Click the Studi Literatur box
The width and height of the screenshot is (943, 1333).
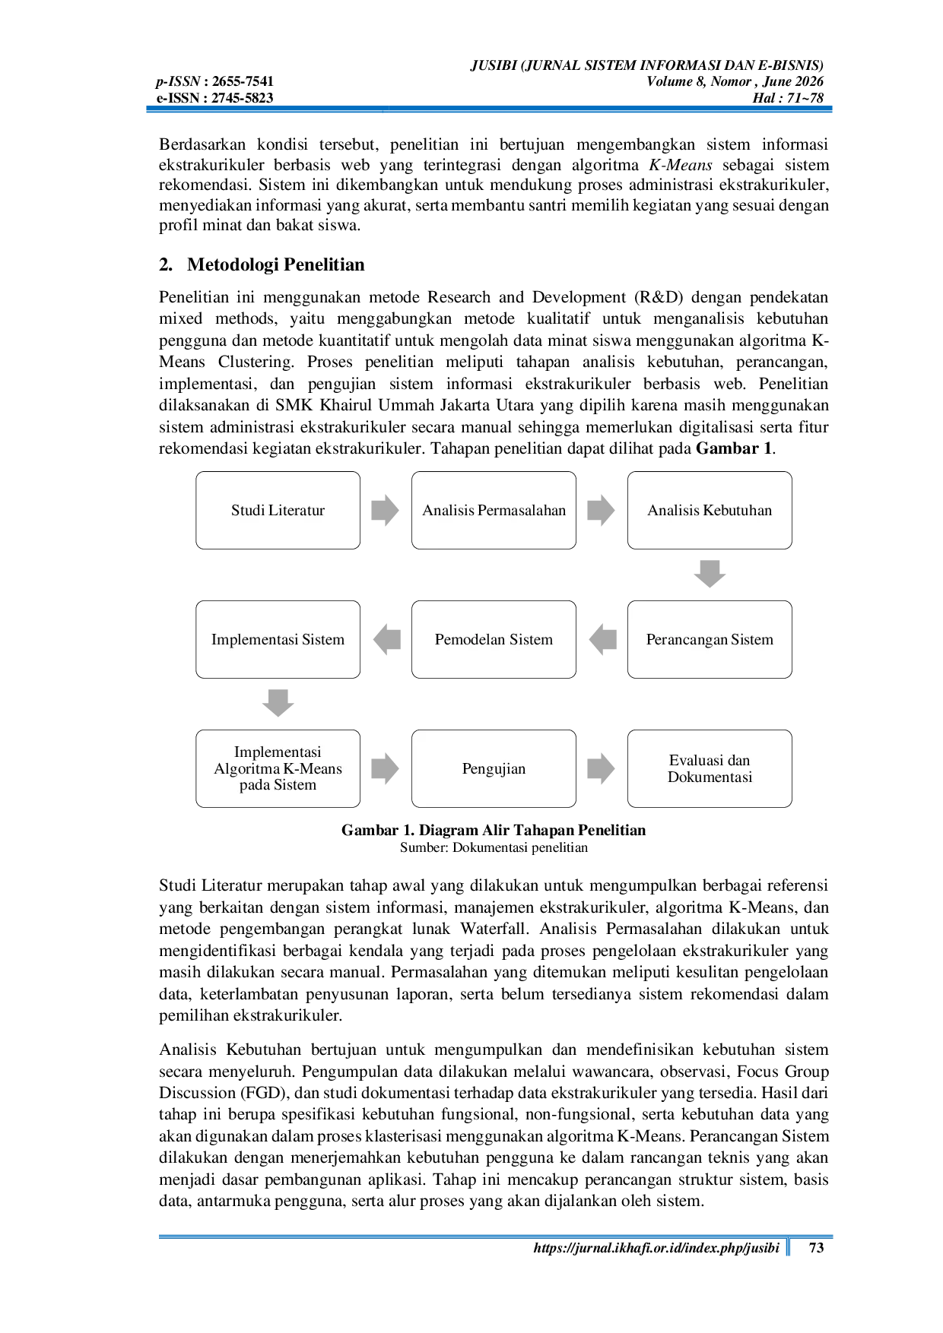pyautogui.click(x=278, y=510)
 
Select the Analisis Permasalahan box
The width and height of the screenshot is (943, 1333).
pyautogui.click(x=494, y=510)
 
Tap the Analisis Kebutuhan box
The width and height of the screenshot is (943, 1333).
pyautogui.click(x=710, y=510)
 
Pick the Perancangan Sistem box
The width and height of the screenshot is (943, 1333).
pyautogui.click(x=710, y=639)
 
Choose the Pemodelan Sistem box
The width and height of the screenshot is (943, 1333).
pyautogui.click(x=494, y=639)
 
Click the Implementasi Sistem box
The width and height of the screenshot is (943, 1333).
pyautogui.click(x=278, y=639)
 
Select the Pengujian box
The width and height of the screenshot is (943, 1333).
pyautogui.click(x=494, y=768)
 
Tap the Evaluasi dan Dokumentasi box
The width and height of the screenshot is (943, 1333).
pyautogui.click(x=710, y=768)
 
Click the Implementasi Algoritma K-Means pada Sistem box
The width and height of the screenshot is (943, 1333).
pyautogui.click(x=278, y=768)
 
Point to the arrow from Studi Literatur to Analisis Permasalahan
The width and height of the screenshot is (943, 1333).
pyautogui.click(x=386, y=510)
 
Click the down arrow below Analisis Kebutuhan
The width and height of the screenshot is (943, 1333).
pyautogui.click(x=710, y=574)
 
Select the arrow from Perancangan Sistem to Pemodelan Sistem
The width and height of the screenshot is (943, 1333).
pyautogui.click(x=602, y=639)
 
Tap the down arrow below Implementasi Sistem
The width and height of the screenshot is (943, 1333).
pyautogui.click(x=278, y=703)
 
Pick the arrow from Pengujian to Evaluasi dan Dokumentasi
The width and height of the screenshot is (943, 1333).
pyautogui.click(x=602, y=768)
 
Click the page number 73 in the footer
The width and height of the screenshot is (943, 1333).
pyautogui.click(x=816, y=1247)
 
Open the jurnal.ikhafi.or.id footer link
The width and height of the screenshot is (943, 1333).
pyautogui.click(x=656, y=1248)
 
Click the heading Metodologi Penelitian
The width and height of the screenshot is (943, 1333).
pyautogui.click(x=276, y=264)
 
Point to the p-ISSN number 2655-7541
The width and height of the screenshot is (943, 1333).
pyautogui.click(x=243, y=81)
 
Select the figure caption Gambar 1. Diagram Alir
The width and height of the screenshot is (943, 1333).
pyautogui.click(x=494, y=830)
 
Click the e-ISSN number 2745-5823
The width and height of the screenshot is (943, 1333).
pyautogui.click(x=243, y=97)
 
